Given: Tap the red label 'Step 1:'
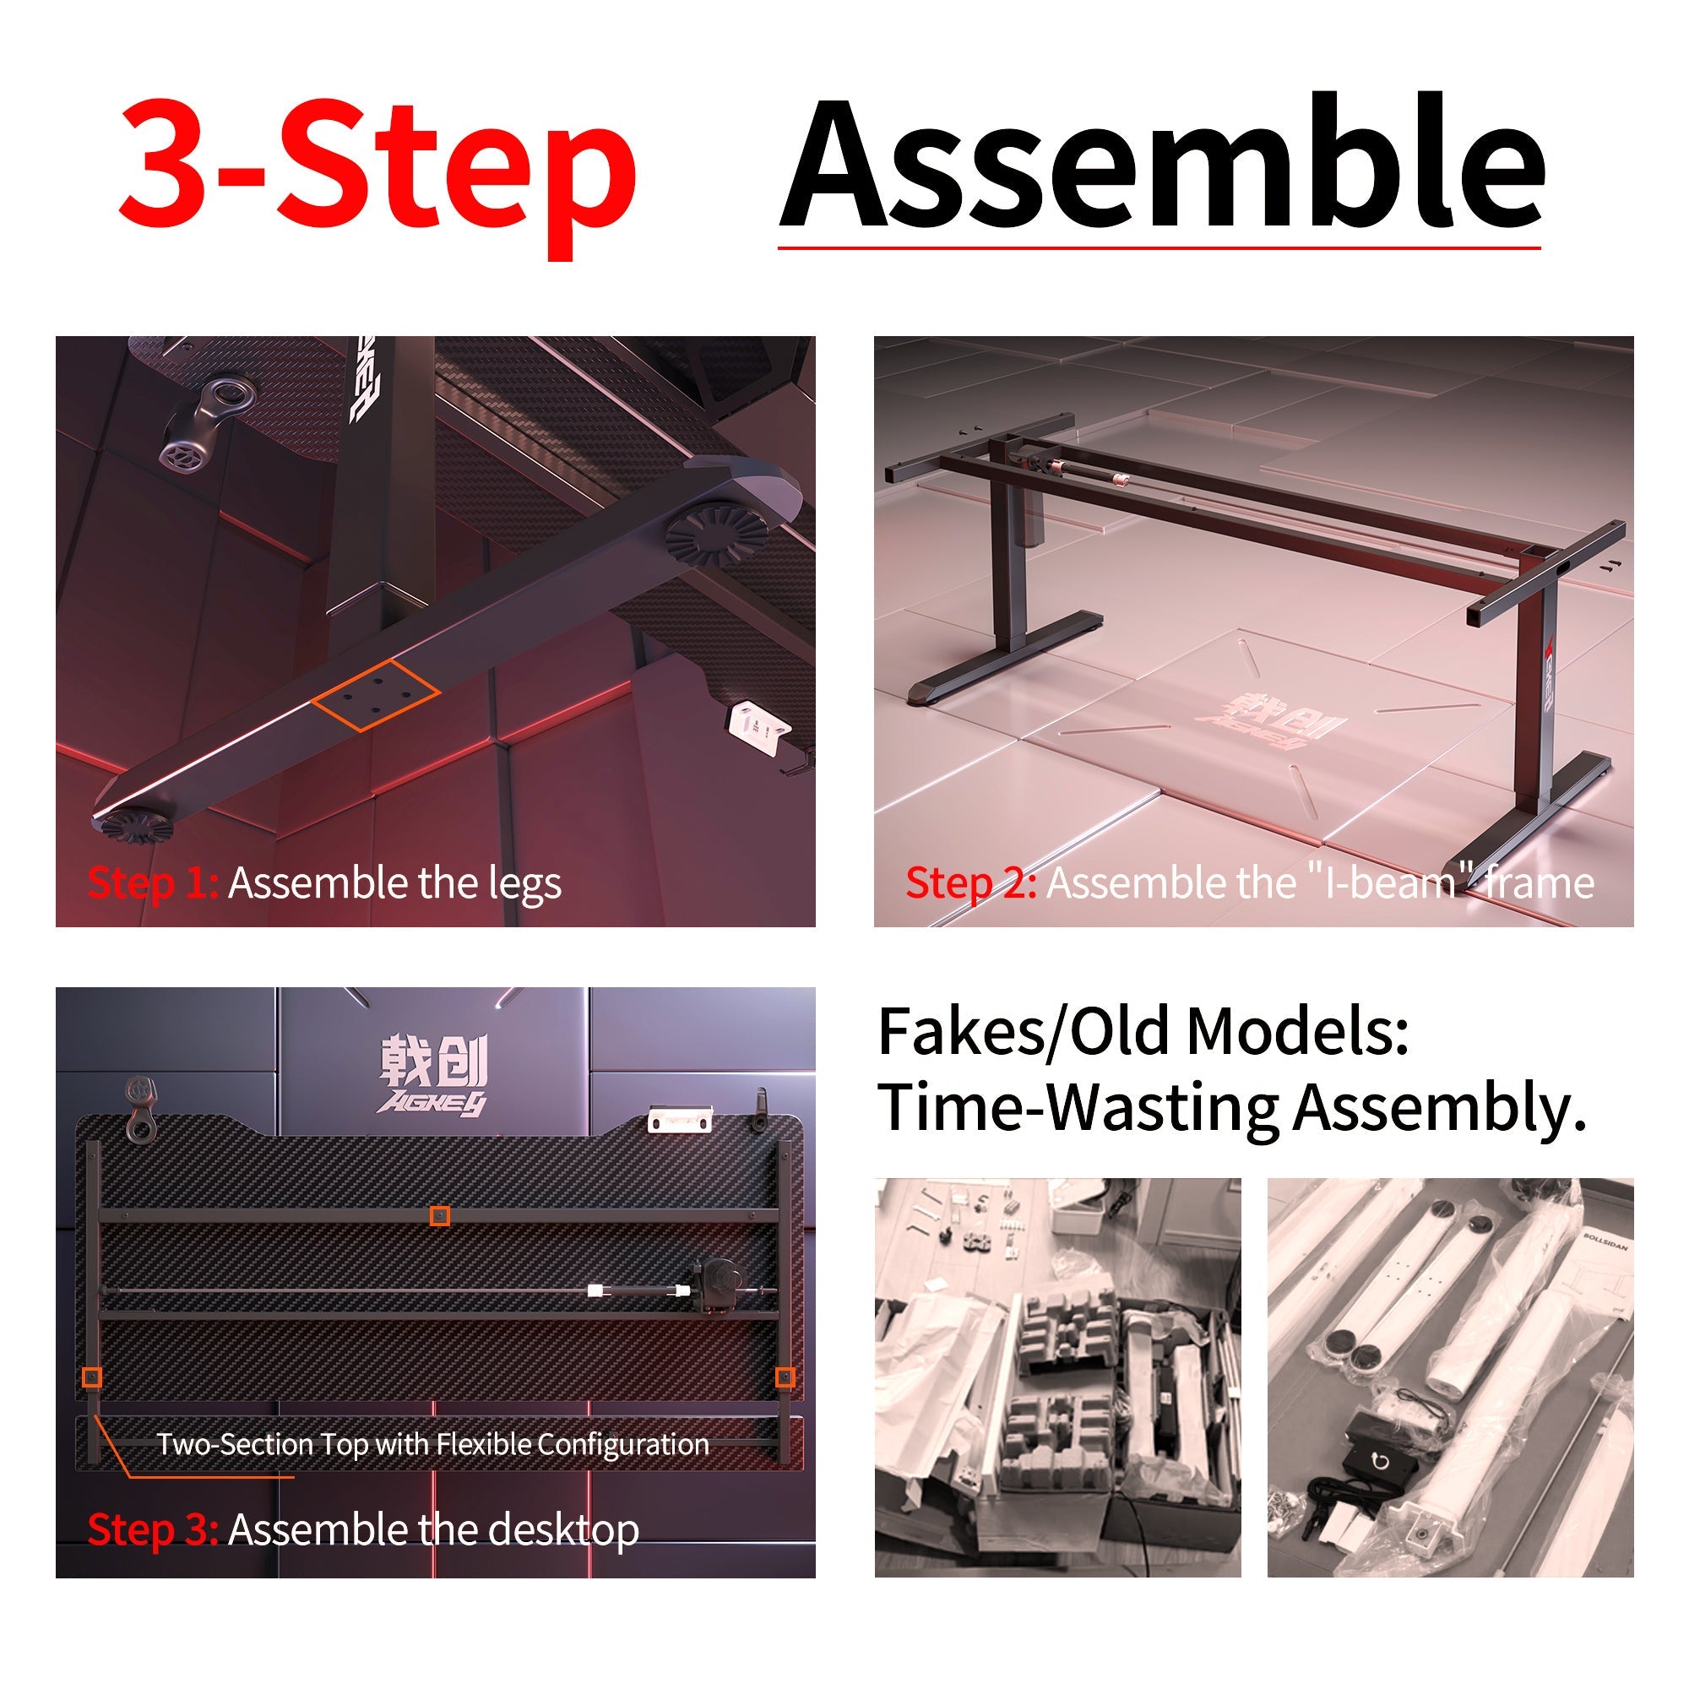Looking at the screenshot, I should (152, 883).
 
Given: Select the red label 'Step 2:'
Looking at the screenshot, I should (970, 883).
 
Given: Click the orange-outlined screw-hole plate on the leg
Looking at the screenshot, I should (376, 695).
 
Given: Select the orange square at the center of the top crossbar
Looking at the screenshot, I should (440, 1216).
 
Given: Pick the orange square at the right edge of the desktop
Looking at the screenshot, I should (785, 1377).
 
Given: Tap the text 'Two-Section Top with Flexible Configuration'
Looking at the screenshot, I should (432, 1444).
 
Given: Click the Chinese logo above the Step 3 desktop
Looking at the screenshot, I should (433, 1077).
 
